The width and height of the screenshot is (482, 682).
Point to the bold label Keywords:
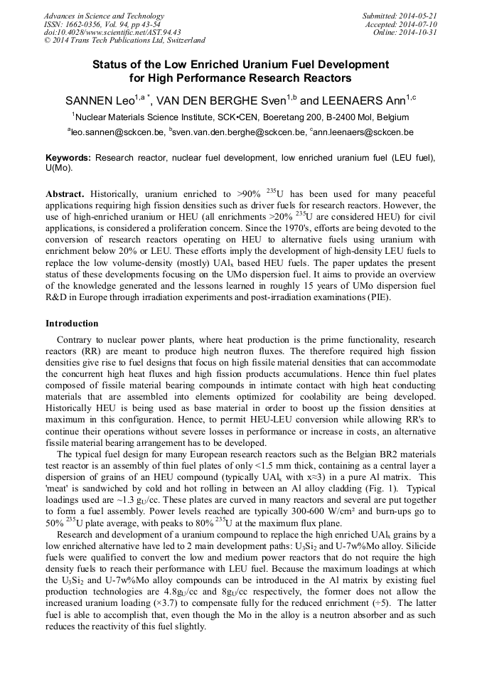68,156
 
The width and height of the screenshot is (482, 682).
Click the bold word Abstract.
65,193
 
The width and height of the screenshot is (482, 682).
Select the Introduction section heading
72,323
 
